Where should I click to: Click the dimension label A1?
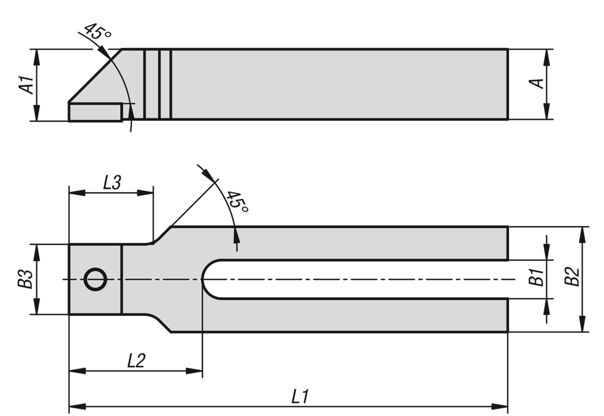pyautogui.click(x=26, y=85)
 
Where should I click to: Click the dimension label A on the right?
pyautogui.click(x=539, y=84)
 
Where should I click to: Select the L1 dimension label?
pyautogui.click(x=300, y=396)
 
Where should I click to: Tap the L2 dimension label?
pyautogui.click(x=136, y=361)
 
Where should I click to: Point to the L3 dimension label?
pyautogui.click(x=112, y=182)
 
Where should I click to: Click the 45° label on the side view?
pyautogui.click(x=97, y=32)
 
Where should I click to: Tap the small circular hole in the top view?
pyautogui.click(x=95, y=279)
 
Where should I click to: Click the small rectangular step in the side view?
pyautogui.click(x=95, y=112)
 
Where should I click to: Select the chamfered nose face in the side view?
pyautogui.click(x=94, y=76)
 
